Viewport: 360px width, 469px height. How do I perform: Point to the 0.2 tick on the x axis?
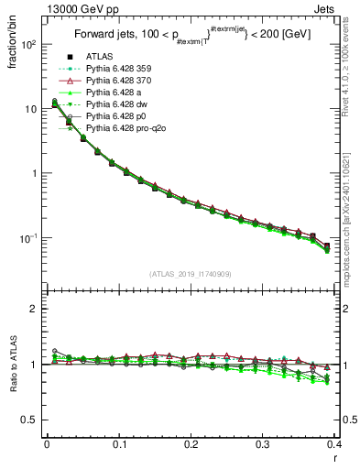point(191,445)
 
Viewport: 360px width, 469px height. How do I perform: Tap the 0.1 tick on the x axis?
point(119,445)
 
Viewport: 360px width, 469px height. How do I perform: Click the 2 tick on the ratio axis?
point(35,309)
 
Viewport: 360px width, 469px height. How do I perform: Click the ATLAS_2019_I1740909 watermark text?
point(191,274)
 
